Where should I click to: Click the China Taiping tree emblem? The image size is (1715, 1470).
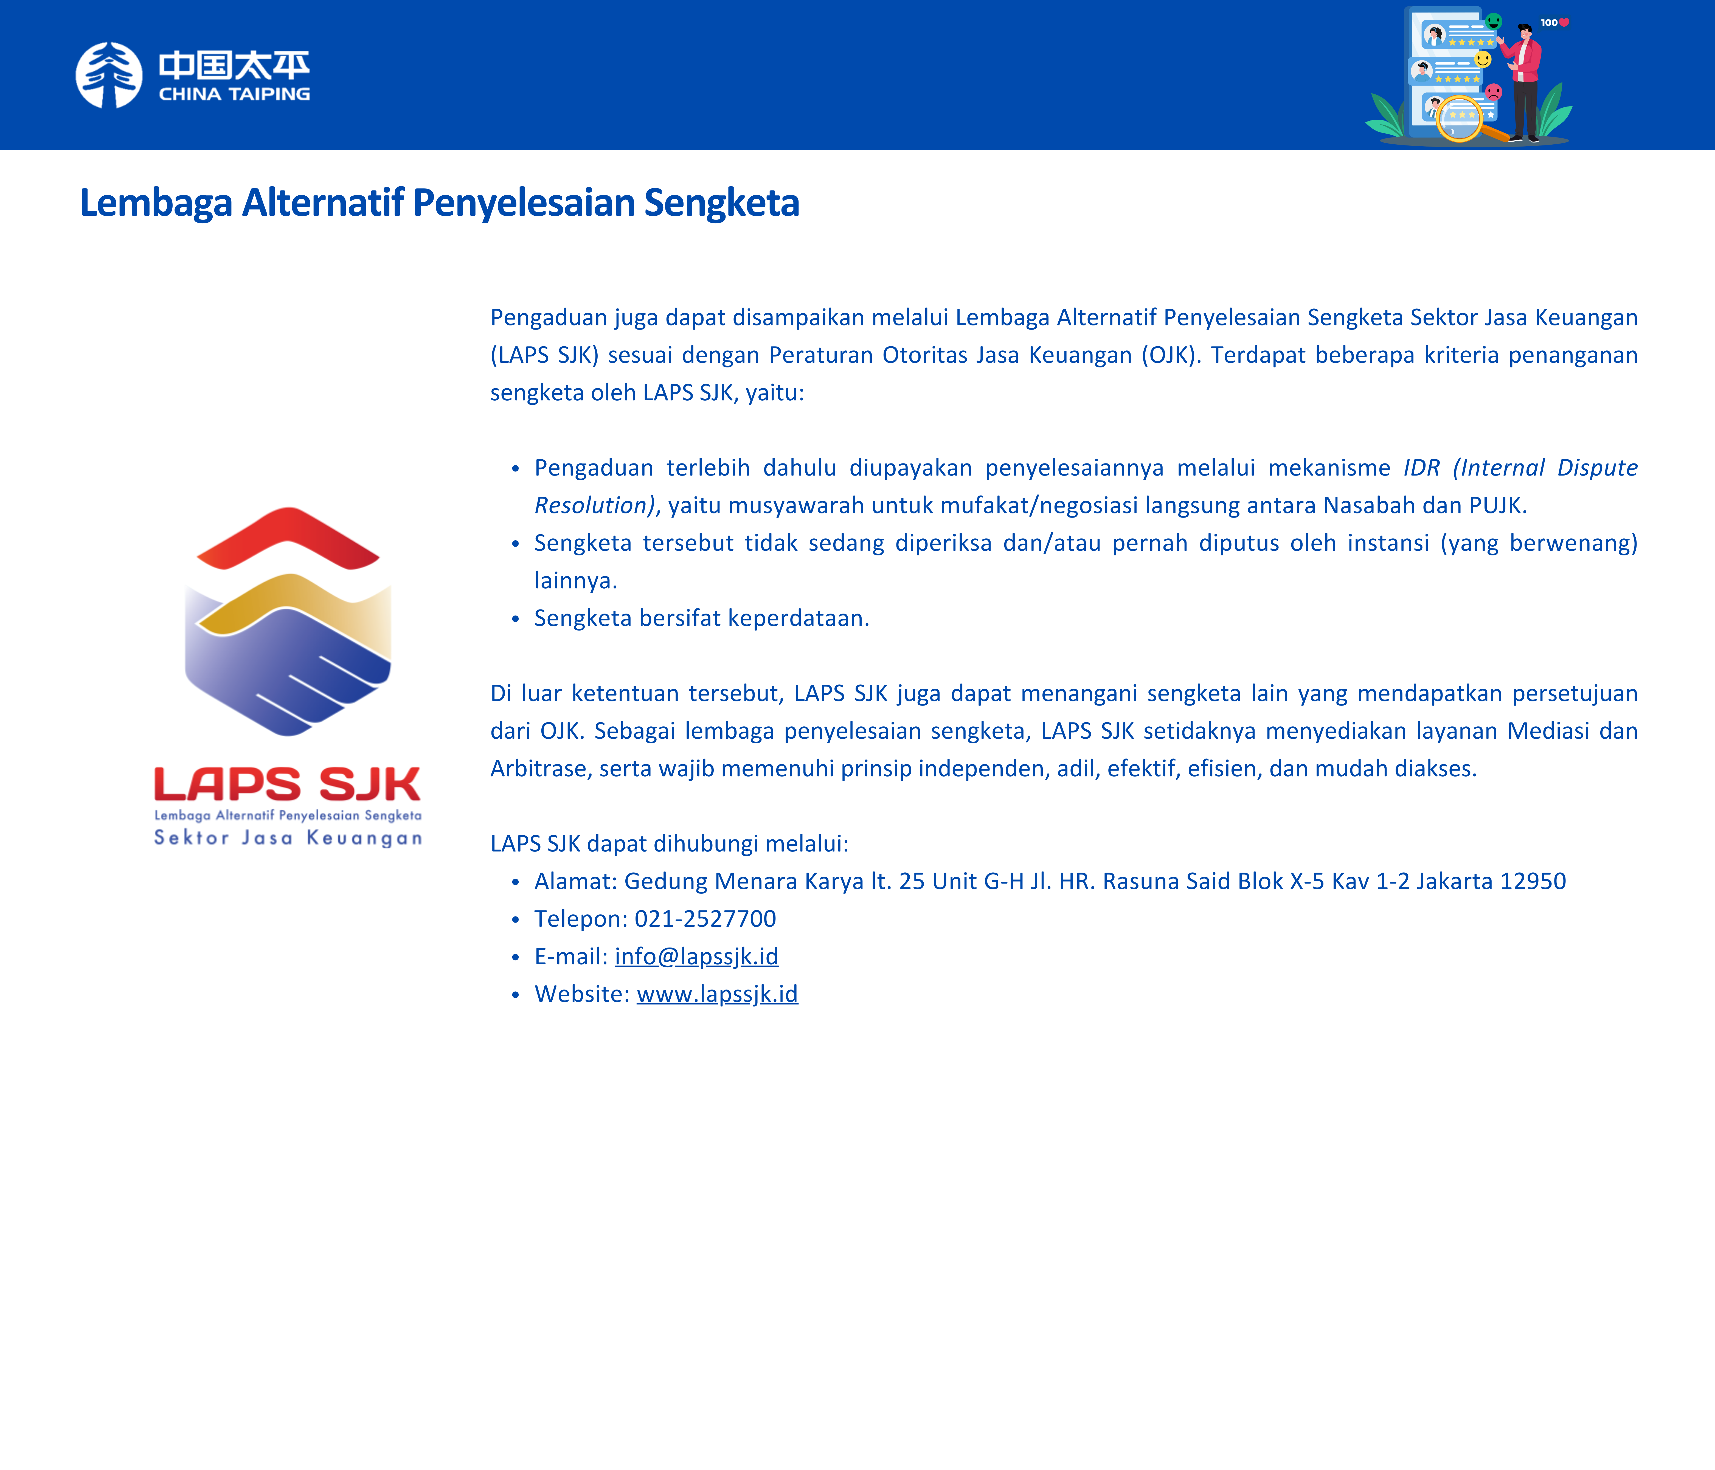coord(108,75)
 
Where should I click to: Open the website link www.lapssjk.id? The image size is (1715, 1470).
coord(717,994)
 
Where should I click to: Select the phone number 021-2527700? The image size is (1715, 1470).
coord(705,919)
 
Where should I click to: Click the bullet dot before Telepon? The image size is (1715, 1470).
coord(516,920)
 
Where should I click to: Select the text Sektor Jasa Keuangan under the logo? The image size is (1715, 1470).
coord(288,838)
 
